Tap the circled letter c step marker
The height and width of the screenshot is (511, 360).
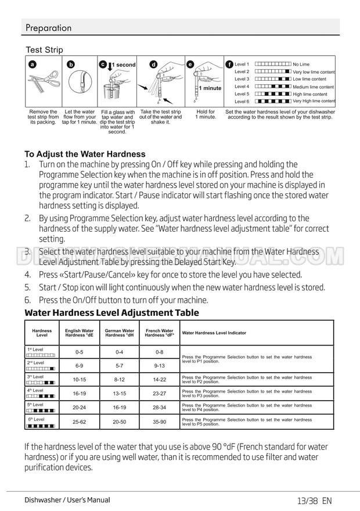pyautogui.click(x=103, y=64)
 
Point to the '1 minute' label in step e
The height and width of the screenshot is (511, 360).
pyautogui.click(x=210, y=88)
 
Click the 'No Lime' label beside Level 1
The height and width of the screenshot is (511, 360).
pyautogui.click(x=301, y=64)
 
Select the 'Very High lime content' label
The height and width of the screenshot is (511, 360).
pyautogui.click(x=314, y=101)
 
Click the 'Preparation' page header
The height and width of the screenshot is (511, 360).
pyautogui.click(x=49, y=28)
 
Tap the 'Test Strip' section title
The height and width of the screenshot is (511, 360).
pyautogui.click(x=45, y=51)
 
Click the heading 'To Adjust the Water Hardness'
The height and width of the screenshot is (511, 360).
pyautogui.click(x=85, y=154)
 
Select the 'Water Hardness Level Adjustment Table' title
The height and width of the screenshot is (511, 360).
pyautogui.click(x=111, y=313)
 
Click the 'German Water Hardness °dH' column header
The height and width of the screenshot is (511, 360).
pyautogui.click(x=120, y=333)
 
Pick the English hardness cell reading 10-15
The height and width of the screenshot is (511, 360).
pyautogui.click(x=80, y=379)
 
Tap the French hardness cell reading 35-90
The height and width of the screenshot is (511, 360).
pyautogui.click(x=160, y=421)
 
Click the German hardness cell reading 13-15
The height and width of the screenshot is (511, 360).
pyautogui.click(x=120, y=393)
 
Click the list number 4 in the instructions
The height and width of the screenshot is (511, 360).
pyautogui.click(x=27, y=275)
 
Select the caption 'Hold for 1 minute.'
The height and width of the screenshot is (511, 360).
pyautogui.click(x=206, y=114)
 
